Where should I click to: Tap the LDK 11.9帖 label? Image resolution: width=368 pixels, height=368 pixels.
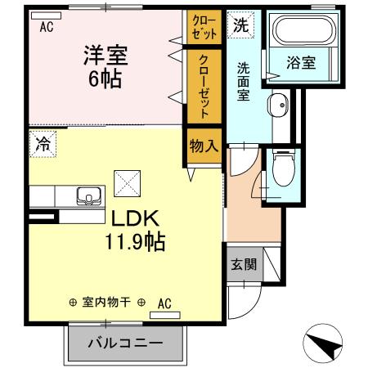click(134, 231)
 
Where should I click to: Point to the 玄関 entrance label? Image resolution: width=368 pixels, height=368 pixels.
click(242, 264)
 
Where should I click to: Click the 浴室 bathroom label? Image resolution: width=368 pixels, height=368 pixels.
click(302, 62)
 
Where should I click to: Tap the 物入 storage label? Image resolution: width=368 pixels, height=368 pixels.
click(204, 147)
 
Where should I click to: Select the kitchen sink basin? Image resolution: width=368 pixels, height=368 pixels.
click(88, 197)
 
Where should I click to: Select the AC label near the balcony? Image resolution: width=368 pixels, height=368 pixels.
click(164, 303)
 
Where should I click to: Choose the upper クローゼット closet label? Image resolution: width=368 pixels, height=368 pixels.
click(204, 25)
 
